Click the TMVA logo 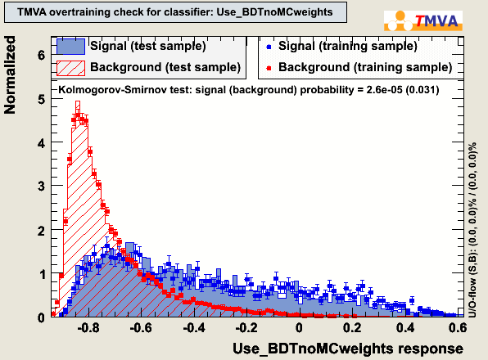[x=423, y=20]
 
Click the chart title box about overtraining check [x=175, y=12]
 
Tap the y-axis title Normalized [x=10, y=75]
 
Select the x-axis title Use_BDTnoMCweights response [x=348, y=349]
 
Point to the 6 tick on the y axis [x=42, y=56]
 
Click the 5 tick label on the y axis [x=42, y=100]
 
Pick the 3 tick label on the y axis [x=42, y=187]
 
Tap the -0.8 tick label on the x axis [x=88, y=327]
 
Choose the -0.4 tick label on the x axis [x=193, y=327]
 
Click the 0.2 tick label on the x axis [x=353, y=327]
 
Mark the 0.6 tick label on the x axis [x=459, y=327]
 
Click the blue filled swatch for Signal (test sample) [x=70, y=47]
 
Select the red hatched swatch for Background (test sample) [x=70, y=68]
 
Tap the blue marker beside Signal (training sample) [x=269, y=47]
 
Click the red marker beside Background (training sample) [x=269, y=68]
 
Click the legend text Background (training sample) [x=365, y=67]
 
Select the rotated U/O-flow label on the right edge [x=472, y=230]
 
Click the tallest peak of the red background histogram [x=78, y=101]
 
